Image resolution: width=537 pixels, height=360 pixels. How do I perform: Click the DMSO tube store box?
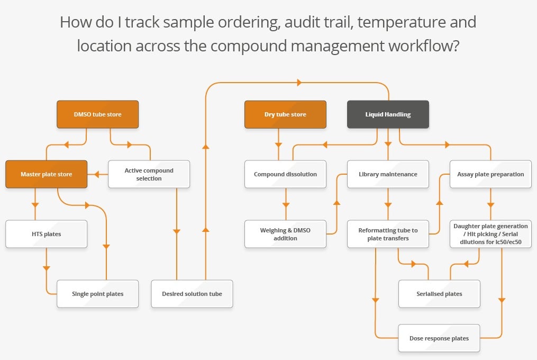point(98,114)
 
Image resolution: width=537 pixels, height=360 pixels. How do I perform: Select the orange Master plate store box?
point(47,174)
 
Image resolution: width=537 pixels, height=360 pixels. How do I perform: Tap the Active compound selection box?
point(149,174)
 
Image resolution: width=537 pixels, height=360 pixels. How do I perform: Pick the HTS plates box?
point(47,234)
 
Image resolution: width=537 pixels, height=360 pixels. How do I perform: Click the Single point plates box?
point(98,294)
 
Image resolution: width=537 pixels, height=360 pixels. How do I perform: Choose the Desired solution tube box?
point(192,294)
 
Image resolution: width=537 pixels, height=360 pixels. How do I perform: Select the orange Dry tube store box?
point(285,114)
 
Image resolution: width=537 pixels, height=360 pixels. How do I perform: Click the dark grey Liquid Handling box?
point(388,114)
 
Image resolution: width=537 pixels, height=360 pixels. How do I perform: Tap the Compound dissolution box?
point(285,174)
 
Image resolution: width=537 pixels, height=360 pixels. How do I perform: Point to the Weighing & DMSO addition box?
point(285,234)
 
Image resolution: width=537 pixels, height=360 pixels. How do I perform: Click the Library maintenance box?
point(388,174)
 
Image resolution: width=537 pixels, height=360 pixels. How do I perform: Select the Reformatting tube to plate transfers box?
point(388,234)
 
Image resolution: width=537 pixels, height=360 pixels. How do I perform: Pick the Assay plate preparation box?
point(490,174)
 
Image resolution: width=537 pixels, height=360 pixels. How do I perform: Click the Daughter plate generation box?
point(490,234)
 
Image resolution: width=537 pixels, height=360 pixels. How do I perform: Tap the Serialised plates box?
point(439,294)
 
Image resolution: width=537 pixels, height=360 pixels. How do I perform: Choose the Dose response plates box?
point(439,338)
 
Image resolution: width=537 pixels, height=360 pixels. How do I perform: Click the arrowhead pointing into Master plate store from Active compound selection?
point(97,174)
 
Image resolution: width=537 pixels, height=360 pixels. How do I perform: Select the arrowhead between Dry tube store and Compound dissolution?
point(278,145)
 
